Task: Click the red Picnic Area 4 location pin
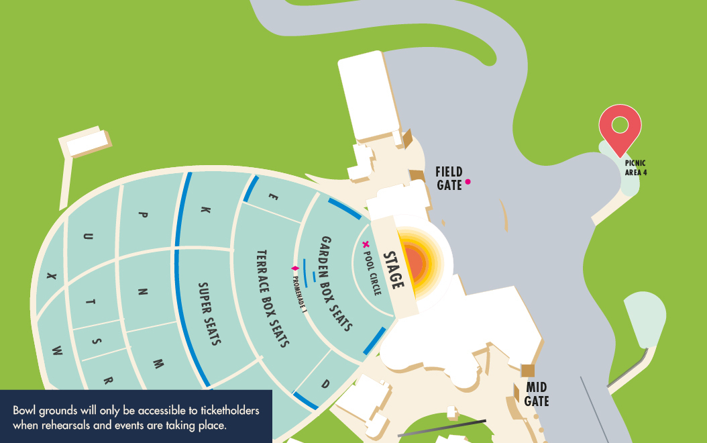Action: pyautogui.click(x=620, y=127)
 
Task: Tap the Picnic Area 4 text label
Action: pyautogui.click(x=635, y=167)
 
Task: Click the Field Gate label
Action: pyautogui.click(x=449, y=178)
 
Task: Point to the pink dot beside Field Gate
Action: pyautogui.click(x=468, y=181)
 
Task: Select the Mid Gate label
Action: pyautogui.click(x=537, y=395)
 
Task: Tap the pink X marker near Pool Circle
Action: pyautogui.click(x=366, y=244)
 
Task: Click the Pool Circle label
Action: pyautogui.click(x=372, y=271)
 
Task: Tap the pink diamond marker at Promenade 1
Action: pyautogui.click(x=294, y=268)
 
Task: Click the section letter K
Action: pyautogui.click(x=206, y=210)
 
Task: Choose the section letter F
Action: pyautogui.click(x=272, y=197)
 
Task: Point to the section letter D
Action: pyautogui.click(x=325, y=385)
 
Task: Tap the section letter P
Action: pyautogui.click(x=142, y=215)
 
